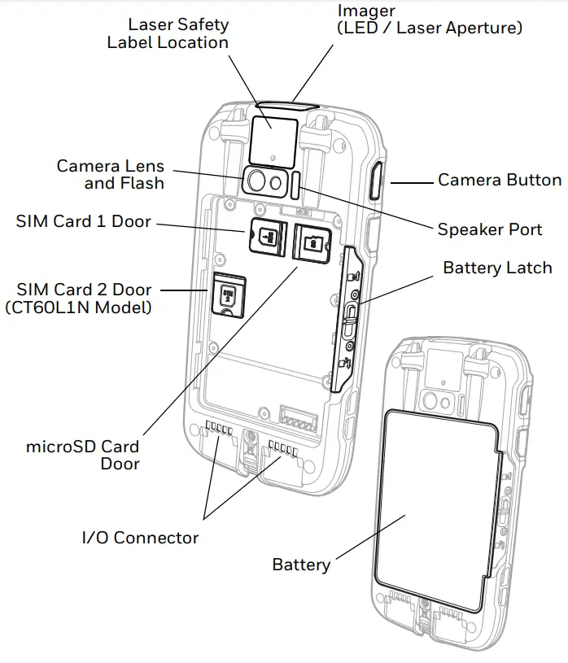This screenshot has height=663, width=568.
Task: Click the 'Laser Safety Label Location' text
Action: (168, 33)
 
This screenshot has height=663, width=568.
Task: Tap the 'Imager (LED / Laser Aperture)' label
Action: (430, 20)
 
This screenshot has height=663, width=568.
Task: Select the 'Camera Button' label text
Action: (500, 180)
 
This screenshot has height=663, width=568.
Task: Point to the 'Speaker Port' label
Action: (490, 229)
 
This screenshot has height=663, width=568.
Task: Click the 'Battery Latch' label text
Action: (497, 268)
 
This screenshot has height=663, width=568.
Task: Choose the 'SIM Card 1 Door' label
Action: (83, 221)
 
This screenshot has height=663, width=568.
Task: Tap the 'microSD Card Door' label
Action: (83, 455)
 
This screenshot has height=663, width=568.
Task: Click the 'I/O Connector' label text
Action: (140, 538)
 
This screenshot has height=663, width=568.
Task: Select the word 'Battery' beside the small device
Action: (301, 564)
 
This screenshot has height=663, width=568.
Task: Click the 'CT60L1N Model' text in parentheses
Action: (78, 308)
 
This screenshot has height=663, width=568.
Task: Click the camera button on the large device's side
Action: (377, 181)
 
